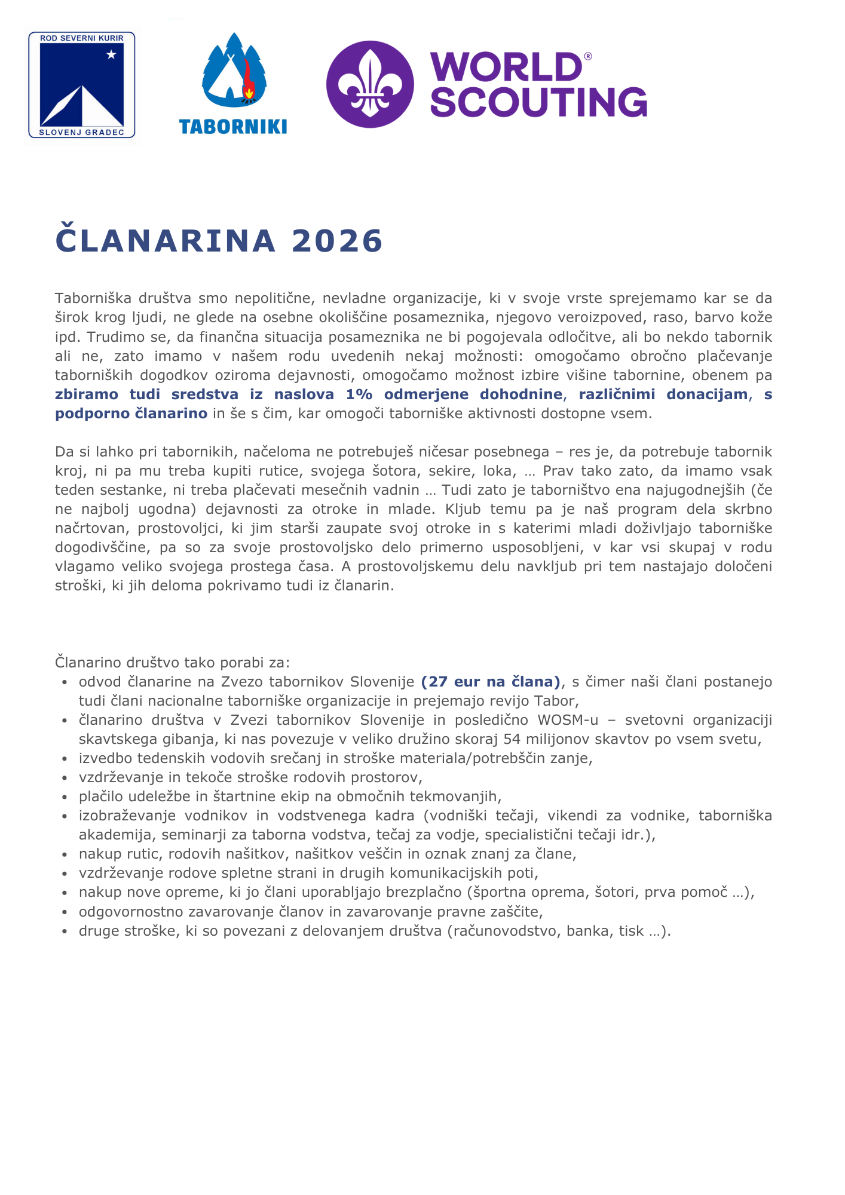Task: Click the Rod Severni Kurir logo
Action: tap(82, 85)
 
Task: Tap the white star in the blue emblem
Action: tap(111, 55)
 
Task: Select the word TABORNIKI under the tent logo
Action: tap(233, 127)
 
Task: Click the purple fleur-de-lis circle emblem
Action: tap(370, 84)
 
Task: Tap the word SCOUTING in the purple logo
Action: tap(538, 102)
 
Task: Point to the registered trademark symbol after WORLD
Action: tap(587, 56)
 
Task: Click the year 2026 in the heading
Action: tap(337, 241)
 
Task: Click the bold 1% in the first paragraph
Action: tap(359, 394)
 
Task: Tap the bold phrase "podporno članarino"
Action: tap(131, 413)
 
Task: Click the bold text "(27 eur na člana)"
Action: tap(491, 682)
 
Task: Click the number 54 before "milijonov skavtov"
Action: tap(512, 739)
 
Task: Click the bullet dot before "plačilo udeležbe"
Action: tap(65, 797)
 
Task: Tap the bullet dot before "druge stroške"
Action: tap(65, 932)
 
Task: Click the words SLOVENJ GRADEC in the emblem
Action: tap(82, 133)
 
